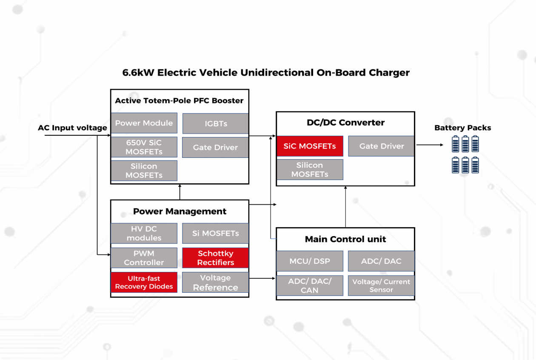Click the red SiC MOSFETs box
click(x=310, y=146)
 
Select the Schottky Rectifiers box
click(x=215, y=258)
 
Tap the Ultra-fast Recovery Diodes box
click(x=144, y=283)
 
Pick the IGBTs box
click(x=215, y=123)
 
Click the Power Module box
click(x=144, y=123)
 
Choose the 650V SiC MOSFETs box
click(x=144, y=147)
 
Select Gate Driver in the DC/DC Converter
click(x=381, y=146)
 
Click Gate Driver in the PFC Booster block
click(x=215, y=148)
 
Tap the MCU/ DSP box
click(x=309, y=261)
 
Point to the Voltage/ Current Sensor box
click(x=381, y=286)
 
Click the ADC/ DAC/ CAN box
click(x=309, y=286)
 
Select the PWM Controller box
click(x=144, y=258)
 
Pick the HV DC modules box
click(x=144, y=233)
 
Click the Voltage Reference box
click(x=215, y=283)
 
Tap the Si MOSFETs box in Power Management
click(x=215, y=233)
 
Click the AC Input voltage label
click(x=72, y=128)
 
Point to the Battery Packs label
click(x=462, y=128)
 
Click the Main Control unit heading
click(x=345, y=239)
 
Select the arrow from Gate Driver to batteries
click(x=429, y=145)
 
